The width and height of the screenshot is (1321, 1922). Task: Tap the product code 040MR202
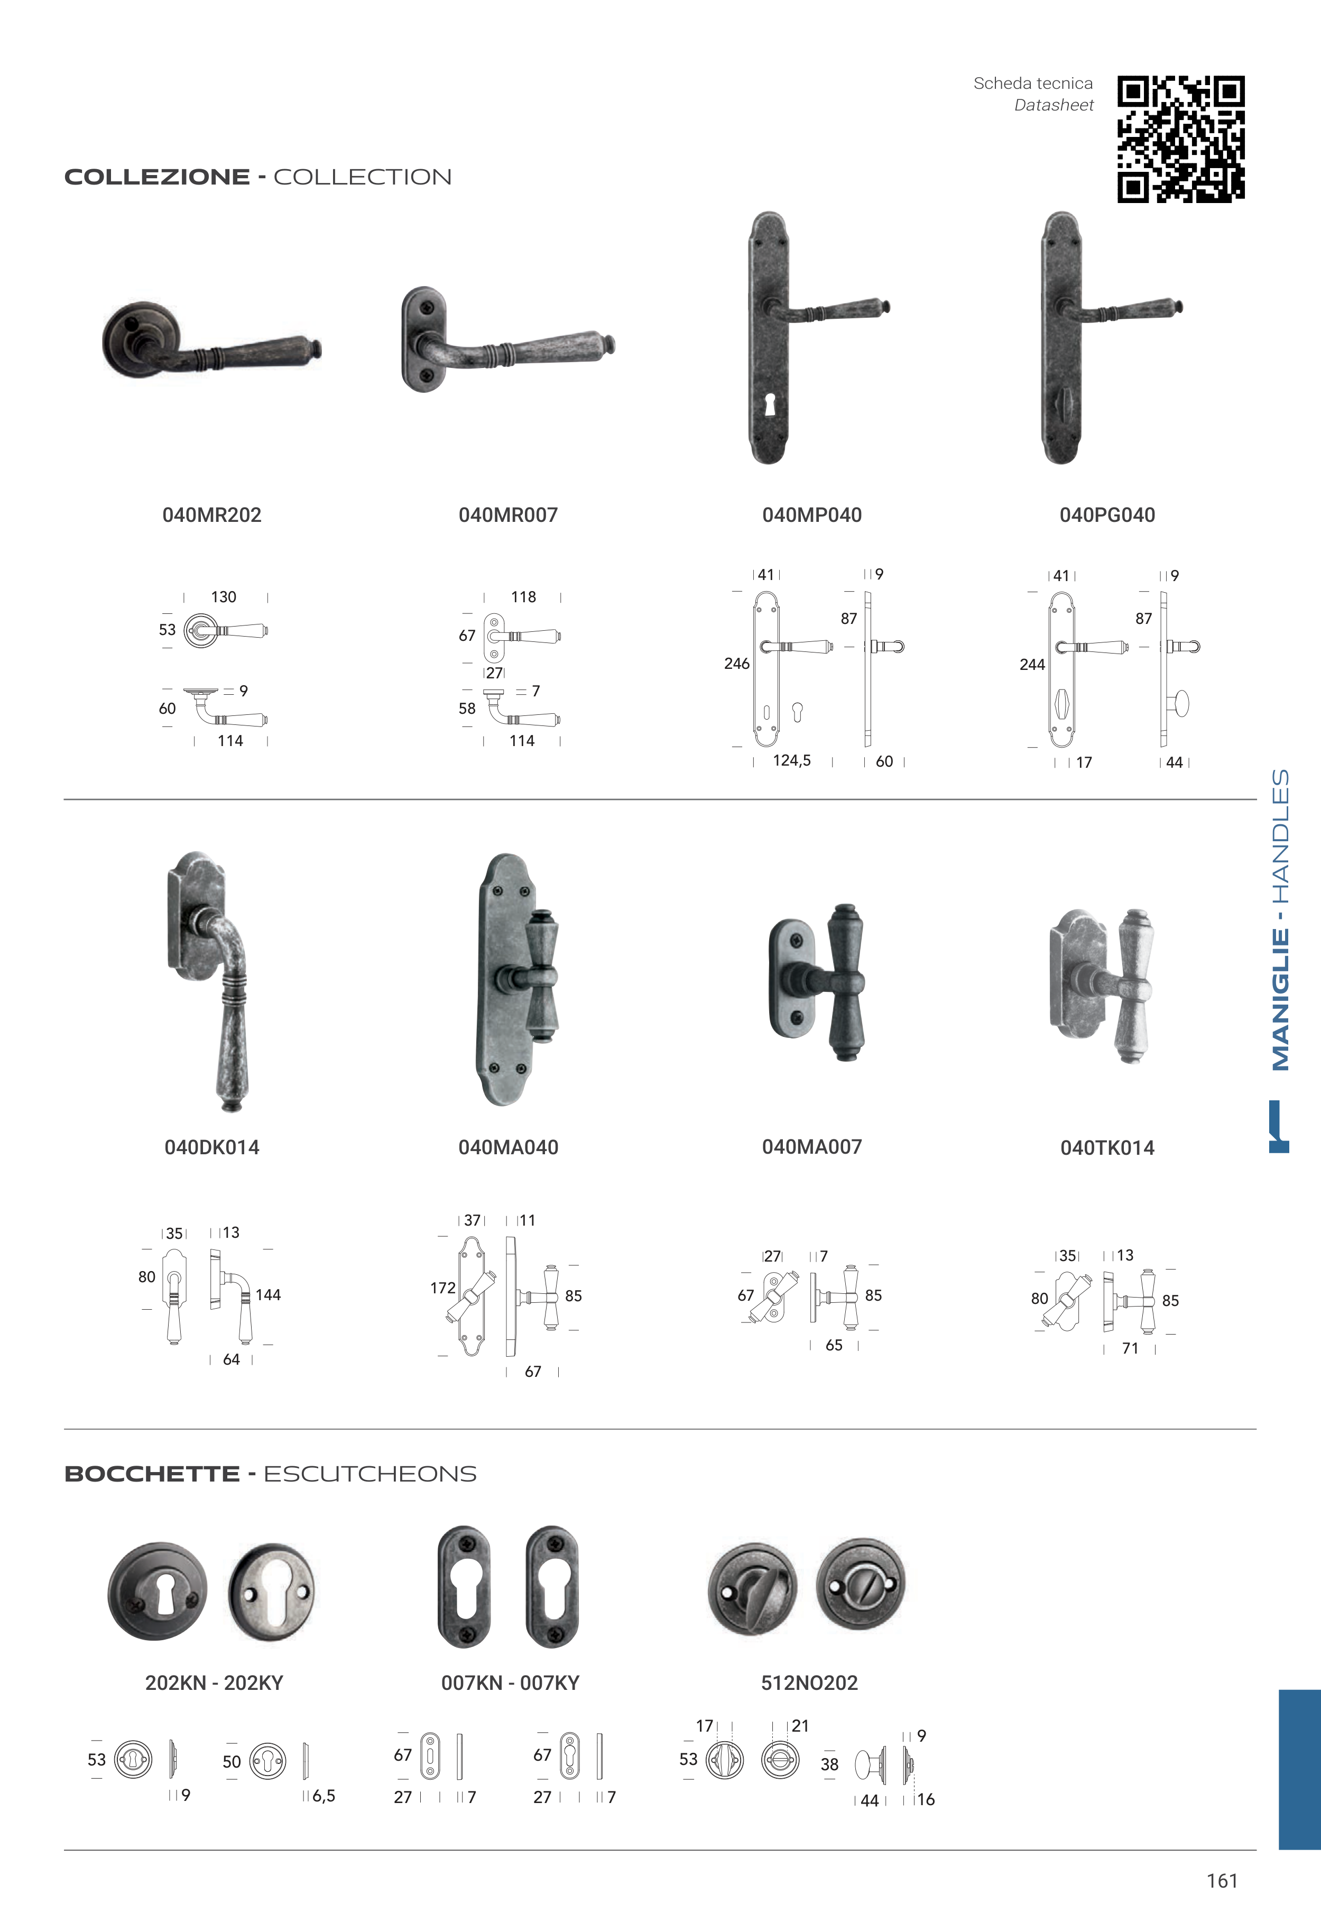[x=212, y=515]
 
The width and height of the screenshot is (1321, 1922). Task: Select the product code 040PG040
[x=1107, y=515]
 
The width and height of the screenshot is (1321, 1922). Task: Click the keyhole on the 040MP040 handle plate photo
[x=770, y=406]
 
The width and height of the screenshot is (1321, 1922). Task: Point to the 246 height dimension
[x=737, y=664]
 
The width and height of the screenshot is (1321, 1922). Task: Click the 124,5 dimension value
[x=792, y=761]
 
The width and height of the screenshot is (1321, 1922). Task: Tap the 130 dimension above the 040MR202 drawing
[x=224, y=597]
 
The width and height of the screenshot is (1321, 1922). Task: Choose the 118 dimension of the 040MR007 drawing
[x=524, y=597]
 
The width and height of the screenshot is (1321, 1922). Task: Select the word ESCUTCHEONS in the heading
[x=370, y=1474]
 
